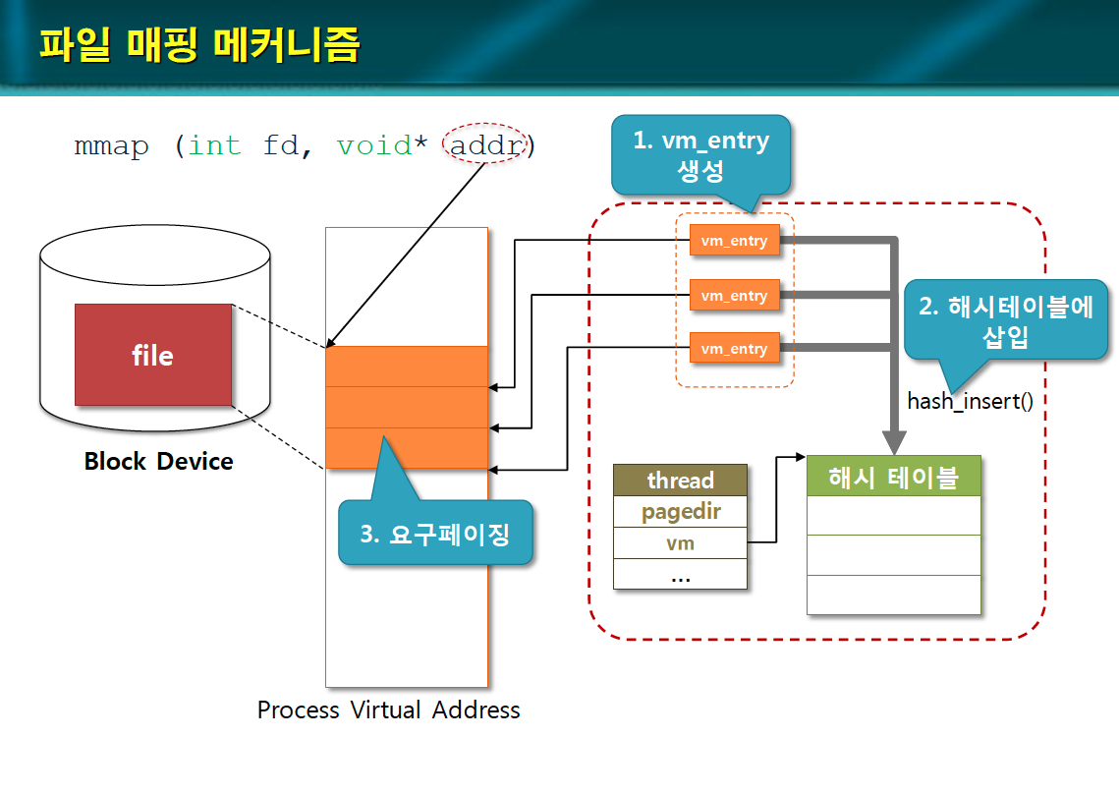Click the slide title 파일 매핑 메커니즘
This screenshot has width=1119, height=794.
point(199,44)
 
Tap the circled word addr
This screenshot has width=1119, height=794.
point(486,146)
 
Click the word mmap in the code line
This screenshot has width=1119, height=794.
point(112,146)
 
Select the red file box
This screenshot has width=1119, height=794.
point(153,355)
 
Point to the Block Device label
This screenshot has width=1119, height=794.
point(158,461)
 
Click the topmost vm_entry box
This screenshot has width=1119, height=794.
point(734,241)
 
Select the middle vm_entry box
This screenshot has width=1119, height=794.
point(734,295)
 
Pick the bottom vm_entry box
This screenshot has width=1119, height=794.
point(734,349)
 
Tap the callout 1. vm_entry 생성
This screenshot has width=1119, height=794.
point(700,155)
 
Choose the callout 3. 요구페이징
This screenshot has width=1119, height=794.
point(435,534)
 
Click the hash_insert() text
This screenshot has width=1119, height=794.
point(970,401)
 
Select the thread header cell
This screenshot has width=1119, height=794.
point(680,481)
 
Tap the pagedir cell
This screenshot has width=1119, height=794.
point(680,512)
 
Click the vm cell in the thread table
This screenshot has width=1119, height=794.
point(680,543)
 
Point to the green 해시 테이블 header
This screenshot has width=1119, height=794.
point(893,477)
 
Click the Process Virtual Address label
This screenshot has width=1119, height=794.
point(388,709)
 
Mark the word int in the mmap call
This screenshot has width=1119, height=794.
point(214,146)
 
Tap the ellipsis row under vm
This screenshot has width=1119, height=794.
point(680,575)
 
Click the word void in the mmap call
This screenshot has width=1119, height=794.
point(373,146)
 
